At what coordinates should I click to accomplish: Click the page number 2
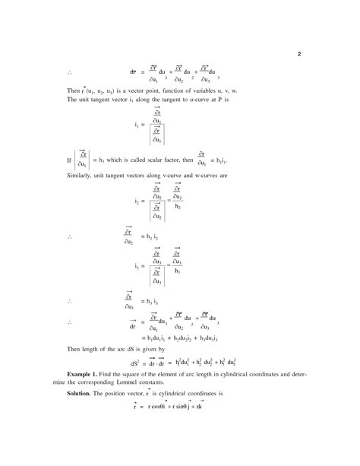pyautogui.click(x=299, y=54)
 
